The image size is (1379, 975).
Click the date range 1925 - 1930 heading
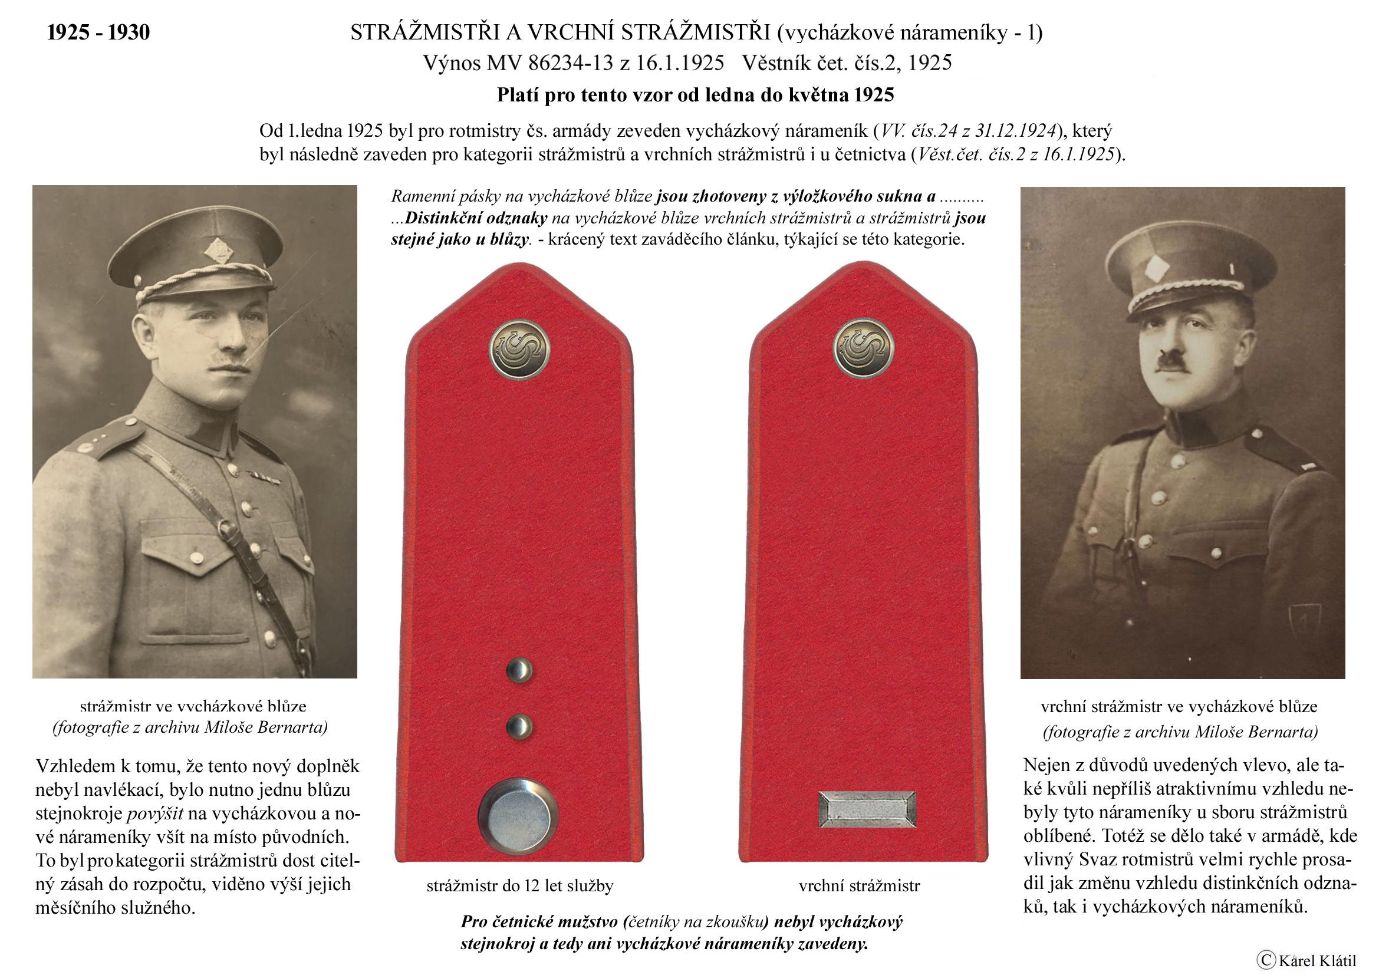coord(98,32)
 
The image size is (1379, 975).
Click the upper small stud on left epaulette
coord(519,670)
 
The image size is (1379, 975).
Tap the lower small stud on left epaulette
coord(519,726)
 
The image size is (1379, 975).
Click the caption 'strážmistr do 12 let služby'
coord(519,886)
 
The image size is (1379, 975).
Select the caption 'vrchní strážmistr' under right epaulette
coord(859,886)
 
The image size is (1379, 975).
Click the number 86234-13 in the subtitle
coord(571,63)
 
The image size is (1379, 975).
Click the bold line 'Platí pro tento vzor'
coord(695,95)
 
